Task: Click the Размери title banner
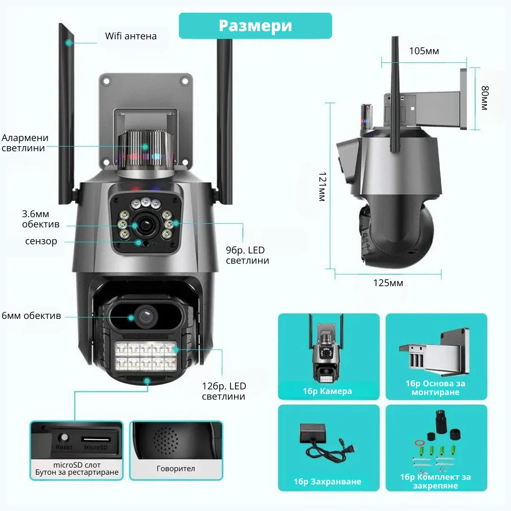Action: click(x=255, y=26)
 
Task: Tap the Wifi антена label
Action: click(x=131, y=36)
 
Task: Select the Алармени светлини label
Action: click(x=25, y=143)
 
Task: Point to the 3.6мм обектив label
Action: click(x=41, y=219)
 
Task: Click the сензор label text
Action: click(x=41, y=241)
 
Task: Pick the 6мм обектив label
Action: click(x=31, y=316)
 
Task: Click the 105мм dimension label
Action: click(x=424, y=51)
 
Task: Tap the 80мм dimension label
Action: click(x=485, y=98)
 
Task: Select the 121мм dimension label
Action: click(x=322, y=187)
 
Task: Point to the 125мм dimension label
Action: click(x=388, y=283)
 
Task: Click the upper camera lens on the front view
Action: click(x=145, y=224)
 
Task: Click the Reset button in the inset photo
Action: click(x=64, y=437)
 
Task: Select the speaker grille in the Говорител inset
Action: click(x=166, y=441)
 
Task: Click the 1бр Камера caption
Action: click(x=327, y=391)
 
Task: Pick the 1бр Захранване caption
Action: click(x=327, y=481)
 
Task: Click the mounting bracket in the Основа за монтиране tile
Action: click(x=435, y=353)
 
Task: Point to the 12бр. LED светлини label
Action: click(x=224, y=391)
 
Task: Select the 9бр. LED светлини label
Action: click(x=247, y=255)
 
